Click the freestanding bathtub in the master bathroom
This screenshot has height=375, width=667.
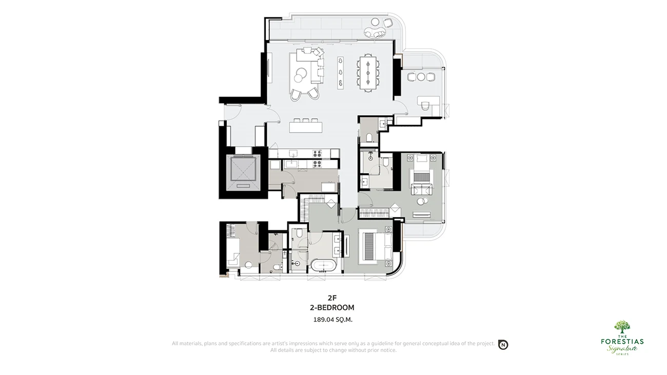tap(324, 265)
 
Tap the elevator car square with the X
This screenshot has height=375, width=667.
tap(243, 169)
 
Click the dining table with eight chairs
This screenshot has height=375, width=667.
tap(368, 73)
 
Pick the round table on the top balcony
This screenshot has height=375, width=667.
tap(375, 22)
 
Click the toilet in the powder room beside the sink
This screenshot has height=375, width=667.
tap(369, 137)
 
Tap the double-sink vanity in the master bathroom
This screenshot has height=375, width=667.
tap(338, 244)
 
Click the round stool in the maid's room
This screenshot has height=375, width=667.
tap(248, 265)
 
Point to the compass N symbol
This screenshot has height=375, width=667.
tap(503, 345)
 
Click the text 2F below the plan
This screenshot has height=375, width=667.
tap(332, 298)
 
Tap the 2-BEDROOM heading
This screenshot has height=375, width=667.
tap(332, 307)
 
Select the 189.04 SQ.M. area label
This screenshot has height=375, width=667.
tap(332, 320)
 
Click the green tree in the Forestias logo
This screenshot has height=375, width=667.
tap(622, 327)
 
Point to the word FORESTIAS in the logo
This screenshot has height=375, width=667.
tap(622, 341)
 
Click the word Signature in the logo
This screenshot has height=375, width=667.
tap(622, 349)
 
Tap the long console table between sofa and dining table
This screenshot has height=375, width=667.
tap(340, 73)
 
